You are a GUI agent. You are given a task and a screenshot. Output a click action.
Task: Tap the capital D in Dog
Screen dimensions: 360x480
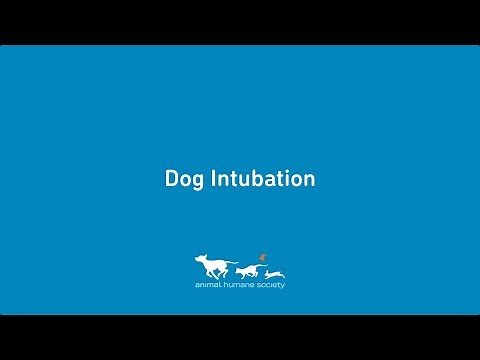[x=171, y=180]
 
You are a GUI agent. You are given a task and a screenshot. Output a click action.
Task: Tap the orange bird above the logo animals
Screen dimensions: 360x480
[x=263, y=256]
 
